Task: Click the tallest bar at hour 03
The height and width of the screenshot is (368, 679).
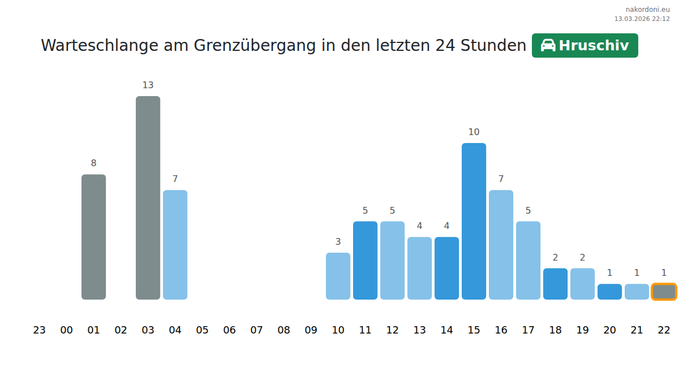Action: click(x=148, y=197)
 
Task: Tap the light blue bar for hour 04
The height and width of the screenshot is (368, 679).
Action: click(x=175, y=244)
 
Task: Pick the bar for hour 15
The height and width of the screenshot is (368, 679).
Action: click(x=474, y=221)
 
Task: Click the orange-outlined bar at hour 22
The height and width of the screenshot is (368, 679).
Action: click(x=664, y=292)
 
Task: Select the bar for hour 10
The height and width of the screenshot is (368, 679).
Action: click(x=338, y=276)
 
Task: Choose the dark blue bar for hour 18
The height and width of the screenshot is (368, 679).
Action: click(x=555, y=284)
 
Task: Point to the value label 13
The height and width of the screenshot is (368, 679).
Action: click(x=148, y=85)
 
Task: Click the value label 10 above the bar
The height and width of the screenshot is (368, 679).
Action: click(x=474, y=132)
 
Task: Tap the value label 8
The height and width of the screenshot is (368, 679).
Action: click(x=93, y=163)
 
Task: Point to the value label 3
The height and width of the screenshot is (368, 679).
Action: click(x=338, y=242)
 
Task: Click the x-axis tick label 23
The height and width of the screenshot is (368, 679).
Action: click(x=39, y=330)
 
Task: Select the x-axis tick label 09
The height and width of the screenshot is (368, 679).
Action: click(x=311, y=330)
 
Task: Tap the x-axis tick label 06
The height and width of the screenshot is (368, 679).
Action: click(x=229, y=330)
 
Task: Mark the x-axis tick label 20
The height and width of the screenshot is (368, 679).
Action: click(x=609, y=330)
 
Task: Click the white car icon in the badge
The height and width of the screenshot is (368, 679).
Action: click(x=548, y=46)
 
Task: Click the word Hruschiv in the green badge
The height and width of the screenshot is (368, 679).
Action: click(x=594, y=46)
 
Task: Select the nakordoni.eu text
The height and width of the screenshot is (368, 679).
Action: click(x=647, y=10)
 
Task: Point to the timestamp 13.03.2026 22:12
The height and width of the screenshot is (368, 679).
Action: click(x=642, y=19)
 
